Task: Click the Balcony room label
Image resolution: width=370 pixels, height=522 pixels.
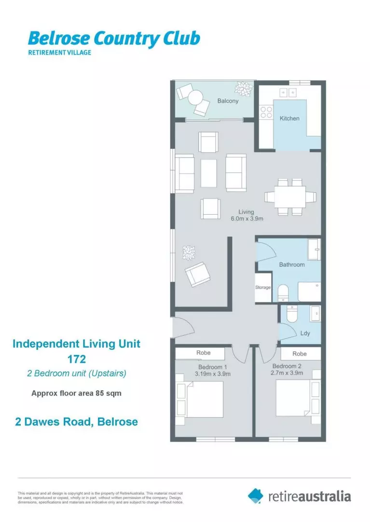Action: click(x=228, y=101)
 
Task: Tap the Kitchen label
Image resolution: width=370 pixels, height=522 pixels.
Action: click(x=289, y=118)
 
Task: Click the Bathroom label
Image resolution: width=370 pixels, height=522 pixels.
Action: click(x=292, y=264)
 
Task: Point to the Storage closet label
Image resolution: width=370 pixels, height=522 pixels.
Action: click(x=263, y=287)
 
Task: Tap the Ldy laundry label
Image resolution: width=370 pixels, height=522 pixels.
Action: click(x=304, y=333)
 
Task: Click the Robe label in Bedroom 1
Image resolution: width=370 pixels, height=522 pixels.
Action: click(x=203, y=353)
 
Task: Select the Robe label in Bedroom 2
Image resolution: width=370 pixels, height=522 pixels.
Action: click(x=300, y=354)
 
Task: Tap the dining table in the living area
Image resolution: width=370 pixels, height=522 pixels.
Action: click(x=289, y=197)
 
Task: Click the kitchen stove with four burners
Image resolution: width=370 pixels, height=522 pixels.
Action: click(x=266, y=113)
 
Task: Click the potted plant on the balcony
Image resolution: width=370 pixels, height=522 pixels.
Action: click(x=244, y=88)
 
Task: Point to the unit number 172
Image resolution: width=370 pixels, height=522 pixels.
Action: click(x=76, y=359)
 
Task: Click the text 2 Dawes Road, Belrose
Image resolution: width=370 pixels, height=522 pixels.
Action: click(x=76, y=421)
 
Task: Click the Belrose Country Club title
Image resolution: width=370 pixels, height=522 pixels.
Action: click(x=114, y=38)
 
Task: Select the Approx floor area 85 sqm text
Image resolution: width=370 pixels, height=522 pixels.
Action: click(x=76, y=393)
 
